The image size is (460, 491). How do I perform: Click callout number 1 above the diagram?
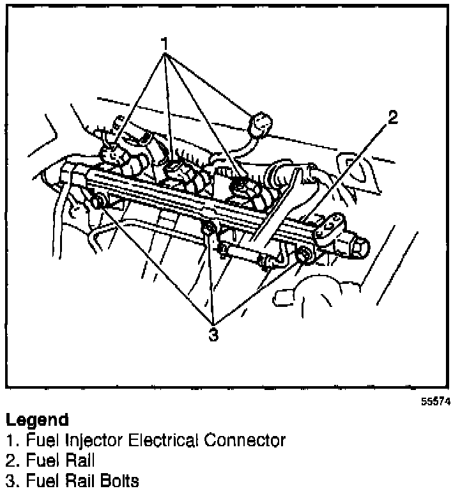coord(165,44)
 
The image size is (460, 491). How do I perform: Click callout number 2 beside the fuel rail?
coord(392,117)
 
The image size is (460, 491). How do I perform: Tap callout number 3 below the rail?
coord(213,334)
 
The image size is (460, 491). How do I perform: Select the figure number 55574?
coord(435,402)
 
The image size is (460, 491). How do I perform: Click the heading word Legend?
coord(36,420)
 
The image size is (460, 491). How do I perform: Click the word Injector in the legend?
coord(84,440)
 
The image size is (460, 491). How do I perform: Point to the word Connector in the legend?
coord(245,440)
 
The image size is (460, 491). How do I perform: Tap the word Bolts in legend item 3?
coord(119,479)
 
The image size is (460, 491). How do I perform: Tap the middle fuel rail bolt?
coord(208,229)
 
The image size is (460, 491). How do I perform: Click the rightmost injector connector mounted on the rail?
coord(245,190)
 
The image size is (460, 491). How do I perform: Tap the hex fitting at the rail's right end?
coord(356,245)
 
